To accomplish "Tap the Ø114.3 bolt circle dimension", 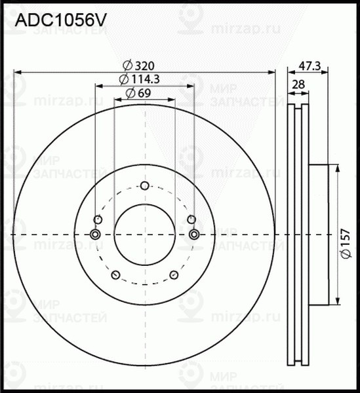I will pyautogui.click(x=140, y=79).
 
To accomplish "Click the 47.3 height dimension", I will pyautogui.click(x=309, y=65).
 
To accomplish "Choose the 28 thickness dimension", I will pyautogui.click(x=299, y=84).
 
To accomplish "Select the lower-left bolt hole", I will pyautogui.click(x=115, y=275).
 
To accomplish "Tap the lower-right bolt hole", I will pyautogui.click(x=174, y=275).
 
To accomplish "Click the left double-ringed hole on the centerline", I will pyautogui.click(x=95, y=234).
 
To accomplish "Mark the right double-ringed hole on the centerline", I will pyautogui.click(x=193, y=234).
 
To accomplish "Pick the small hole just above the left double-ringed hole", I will pyautogui.click(x=98, y=219).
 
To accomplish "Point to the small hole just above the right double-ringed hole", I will pyautogui.click(x=191, y=219).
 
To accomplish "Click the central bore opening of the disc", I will pyautogui.click(x=144, y=234).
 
